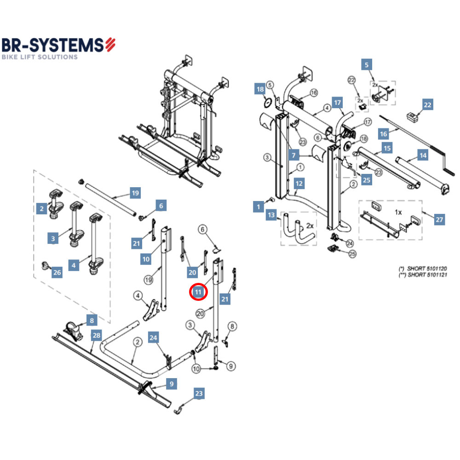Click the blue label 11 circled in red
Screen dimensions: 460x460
click(x=198, y=292)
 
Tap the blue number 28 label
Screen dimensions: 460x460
click(x=96, y=335)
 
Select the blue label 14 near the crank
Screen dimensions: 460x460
click(x=422, y=155)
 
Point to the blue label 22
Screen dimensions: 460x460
click(x=427, y=105)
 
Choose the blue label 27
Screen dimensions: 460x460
click(x=439, y=219)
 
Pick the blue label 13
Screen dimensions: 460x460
click(x=271, y=215)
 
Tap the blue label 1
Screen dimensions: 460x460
click(x=259, y=207)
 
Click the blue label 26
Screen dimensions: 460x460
click(x=57, y=273)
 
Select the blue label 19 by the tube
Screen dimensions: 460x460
click(x=134, y=193)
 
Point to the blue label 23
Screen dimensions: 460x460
click(x=198, y=393)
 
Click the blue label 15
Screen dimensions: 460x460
click(x=387, y=149)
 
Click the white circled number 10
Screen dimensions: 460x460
click(x=196, y=368)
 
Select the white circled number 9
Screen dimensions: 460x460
click(x=230, y=366)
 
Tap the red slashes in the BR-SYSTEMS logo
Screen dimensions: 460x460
click(x=110, y=45)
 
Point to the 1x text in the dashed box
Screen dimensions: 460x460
click(x=398, y=213)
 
